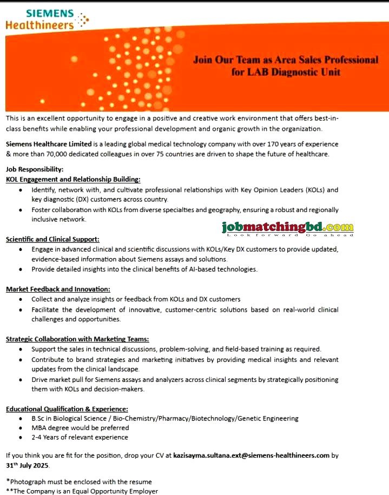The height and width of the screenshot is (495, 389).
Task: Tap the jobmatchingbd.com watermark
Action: (287, 228)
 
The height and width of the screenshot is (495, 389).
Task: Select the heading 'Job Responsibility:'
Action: (35, 169)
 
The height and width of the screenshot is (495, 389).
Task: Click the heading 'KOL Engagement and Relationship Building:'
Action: (73, 179)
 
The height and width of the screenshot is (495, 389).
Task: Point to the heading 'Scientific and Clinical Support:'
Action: (52, 239)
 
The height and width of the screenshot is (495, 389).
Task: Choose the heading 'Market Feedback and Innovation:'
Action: (58, 289)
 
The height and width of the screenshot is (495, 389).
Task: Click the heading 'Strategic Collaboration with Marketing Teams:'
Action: (77, 339)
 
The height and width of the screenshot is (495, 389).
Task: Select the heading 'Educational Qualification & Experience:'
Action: (67, 409)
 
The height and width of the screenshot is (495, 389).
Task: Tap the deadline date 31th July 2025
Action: (28, 465)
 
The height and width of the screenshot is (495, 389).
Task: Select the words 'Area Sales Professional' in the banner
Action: (320, 60)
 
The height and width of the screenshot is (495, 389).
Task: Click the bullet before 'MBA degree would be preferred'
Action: (20, 428)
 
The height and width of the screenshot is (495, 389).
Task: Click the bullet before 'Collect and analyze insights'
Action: (20, 299)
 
